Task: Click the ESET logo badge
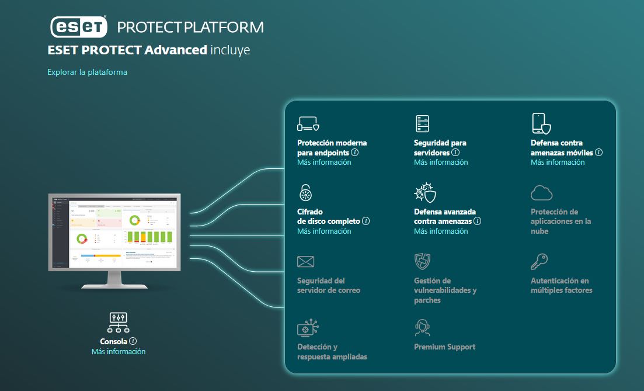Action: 78,27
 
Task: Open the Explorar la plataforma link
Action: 87,72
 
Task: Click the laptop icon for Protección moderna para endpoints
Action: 308,124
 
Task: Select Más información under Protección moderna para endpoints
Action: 324,162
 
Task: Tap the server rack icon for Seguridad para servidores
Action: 422,124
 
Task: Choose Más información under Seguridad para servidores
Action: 441,162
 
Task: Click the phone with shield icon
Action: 541,124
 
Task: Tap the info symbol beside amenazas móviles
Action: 598,153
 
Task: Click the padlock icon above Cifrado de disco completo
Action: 306,192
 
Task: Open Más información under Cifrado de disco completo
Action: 324,231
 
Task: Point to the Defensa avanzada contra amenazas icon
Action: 424,193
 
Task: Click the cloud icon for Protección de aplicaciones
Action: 541,193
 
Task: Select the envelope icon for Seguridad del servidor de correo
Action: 305,261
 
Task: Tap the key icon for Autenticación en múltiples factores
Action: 539,261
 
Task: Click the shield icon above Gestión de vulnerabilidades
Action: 422,261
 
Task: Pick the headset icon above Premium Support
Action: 422,328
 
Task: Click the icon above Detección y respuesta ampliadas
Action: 308,328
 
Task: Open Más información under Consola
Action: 119,352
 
